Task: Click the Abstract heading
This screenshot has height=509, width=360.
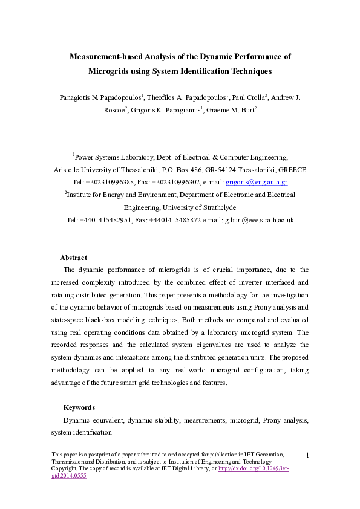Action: (x=73, y=258)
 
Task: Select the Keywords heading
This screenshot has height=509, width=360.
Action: (x=79, y=407)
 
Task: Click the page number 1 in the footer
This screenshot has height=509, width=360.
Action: (x=307, y=455)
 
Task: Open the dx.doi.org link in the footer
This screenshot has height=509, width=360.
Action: (x=254, y=469)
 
